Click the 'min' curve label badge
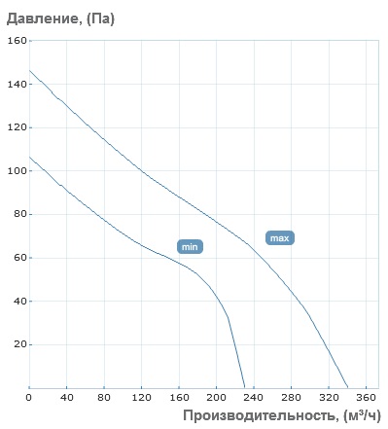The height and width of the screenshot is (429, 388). pos(190,247)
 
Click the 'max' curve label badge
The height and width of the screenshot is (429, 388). pos(280,238)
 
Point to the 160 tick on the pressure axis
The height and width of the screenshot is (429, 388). pos(18,41)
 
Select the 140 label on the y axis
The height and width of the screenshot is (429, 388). pos(18,85)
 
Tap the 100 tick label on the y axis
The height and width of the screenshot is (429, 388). pos(18,171)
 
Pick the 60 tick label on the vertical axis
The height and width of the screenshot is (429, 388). pos(20,258)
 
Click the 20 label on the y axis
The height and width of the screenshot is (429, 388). pos(20,344)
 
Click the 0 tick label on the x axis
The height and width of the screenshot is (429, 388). pos(29,397)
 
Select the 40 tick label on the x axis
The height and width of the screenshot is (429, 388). pos(66,397)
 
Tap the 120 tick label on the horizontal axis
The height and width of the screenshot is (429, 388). pos(141,397)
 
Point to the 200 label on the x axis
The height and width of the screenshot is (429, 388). pos(216,397)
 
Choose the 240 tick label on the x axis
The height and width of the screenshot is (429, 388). pos(254,397)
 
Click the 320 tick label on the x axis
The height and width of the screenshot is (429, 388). pos(329,397)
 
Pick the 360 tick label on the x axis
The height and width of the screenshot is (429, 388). pos(367,397)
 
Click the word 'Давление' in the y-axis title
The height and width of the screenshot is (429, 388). pos(43,18)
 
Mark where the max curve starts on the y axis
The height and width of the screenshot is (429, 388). pos(29,70)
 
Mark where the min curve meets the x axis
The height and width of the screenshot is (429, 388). pos(245,387)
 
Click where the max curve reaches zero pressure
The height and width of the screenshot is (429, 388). pos(348,387)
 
